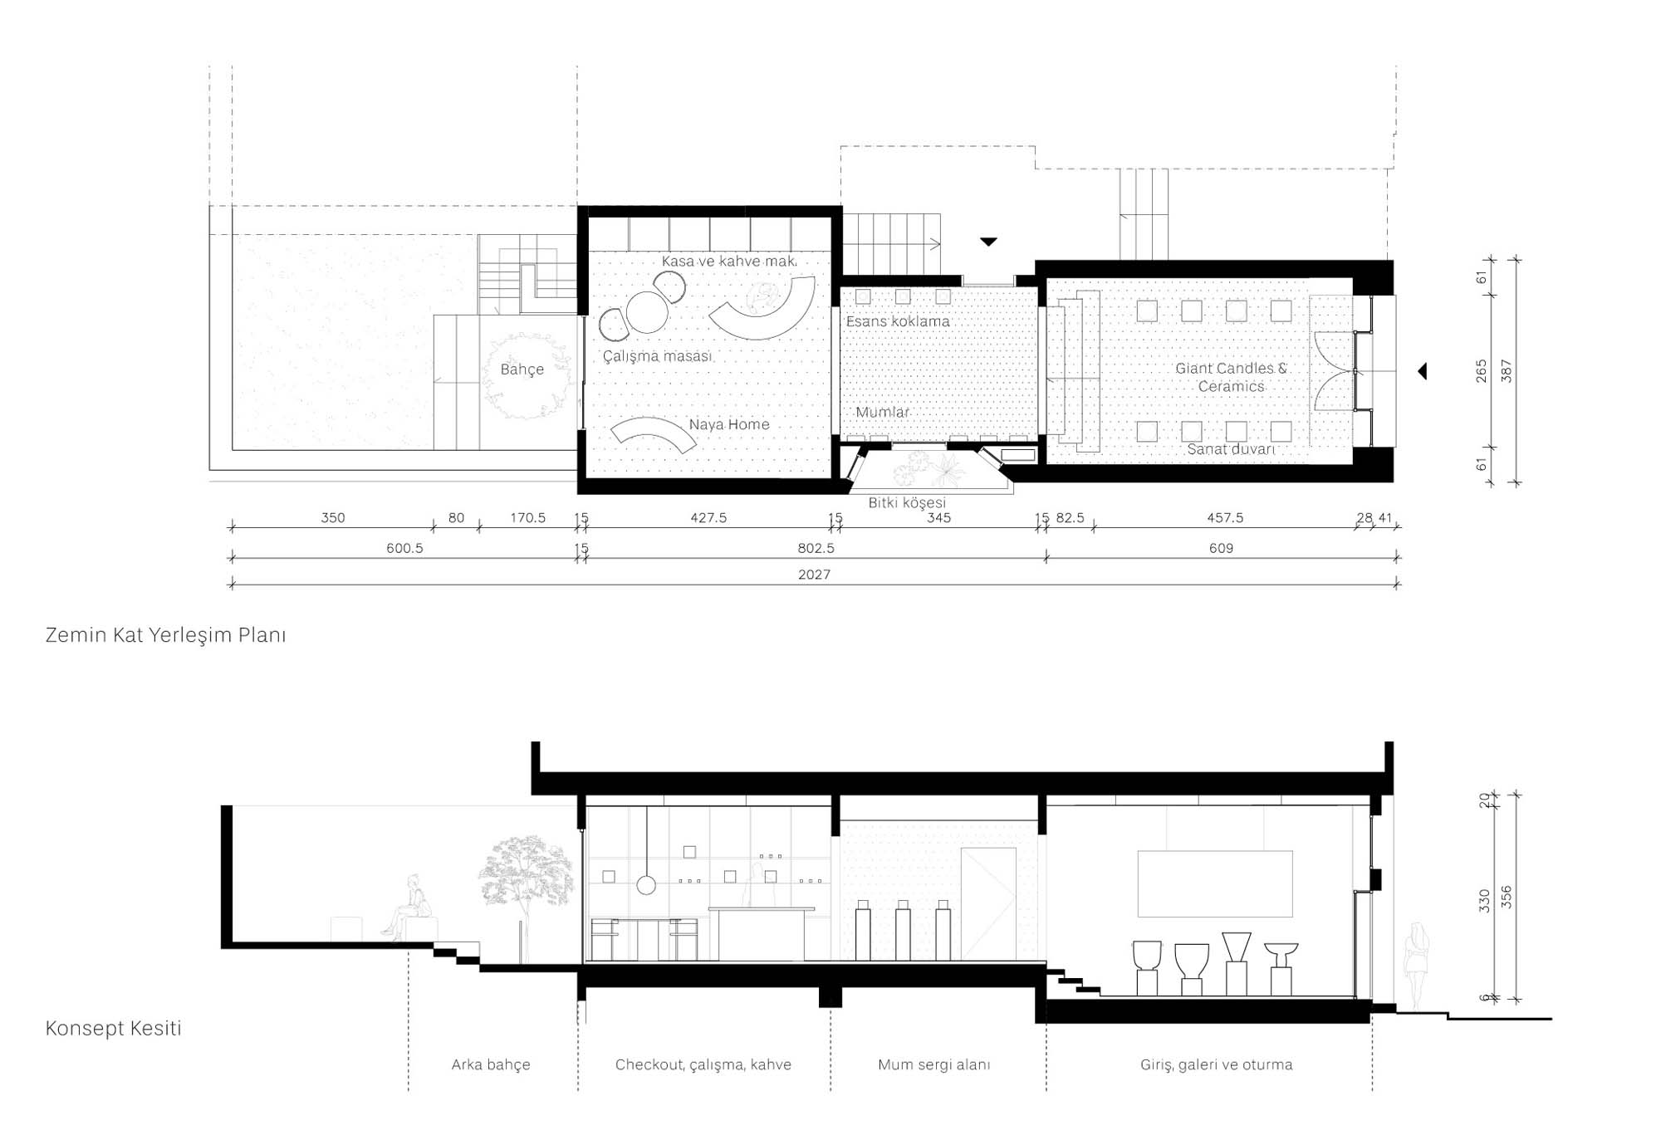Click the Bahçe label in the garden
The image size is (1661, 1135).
(x=522, y=369)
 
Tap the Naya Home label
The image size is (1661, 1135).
(x=729, y=424)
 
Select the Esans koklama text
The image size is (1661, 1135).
(x=898, y=321)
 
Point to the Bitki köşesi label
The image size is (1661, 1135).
(x=907, y=502)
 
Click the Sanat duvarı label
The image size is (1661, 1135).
(x=1231, y=449)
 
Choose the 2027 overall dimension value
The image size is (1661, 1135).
(x=814, y=575)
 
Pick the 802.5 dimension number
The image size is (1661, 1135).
(x=816, y=548)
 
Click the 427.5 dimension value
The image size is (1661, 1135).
(x=708, y=517)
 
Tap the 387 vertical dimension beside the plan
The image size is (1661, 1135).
(x=1507, y=371)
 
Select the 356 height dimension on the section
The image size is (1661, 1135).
(x=1507, y=898)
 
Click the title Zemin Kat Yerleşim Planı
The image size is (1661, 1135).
(x=165, y=635)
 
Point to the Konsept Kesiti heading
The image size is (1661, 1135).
(x=113, y=1028)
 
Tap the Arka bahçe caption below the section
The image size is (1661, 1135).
(x=491, y=1064)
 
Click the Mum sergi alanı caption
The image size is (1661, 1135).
(x=934, y=1064)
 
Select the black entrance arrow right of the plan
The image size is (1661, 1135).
(x=1422, y=371)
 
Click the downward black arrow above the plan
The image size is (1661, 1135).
(x=988, y=242)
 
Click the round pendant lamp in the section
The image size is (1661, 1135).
(x=646, y=885)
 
